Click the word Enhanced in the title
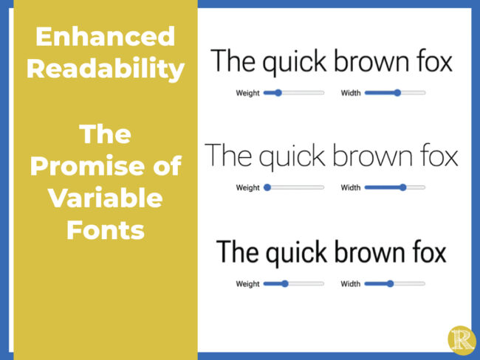[105, 36]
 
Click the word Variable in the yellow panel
[105, 199]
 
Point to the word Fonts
[105, 231]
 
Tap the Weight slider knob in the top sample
[278, 93]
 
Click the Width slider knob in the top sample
[397, 93]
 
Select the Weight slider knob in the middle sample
[267, 187]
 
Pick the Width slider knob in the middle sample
[402, 187]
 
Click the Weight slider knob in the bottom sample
[284, 283]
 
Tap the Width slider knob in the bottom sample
[390, 283]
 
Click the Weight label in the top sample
[247, 93]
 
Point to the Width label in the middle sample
[351, 187]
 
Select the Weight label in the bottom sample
[247, 283]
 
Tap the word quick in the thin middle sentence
[292, 157]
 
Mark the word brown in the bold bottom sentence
[363, 253]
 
